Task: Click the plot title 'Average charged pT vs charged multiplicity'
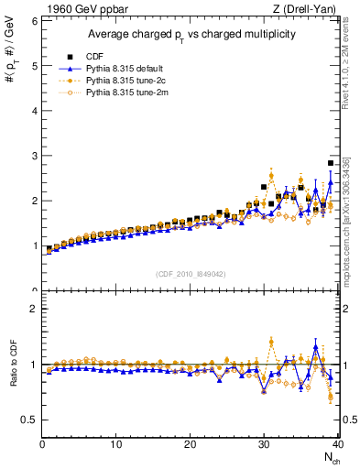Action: coord(190,34)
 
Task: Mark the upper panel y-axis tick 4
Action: coord(33,110)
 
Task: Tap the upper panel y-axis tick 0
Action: coord(33,290)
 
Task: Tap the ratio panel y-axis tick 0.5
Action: coord(28,420)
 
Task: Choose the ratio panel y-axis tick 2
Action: coord(33,309)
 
